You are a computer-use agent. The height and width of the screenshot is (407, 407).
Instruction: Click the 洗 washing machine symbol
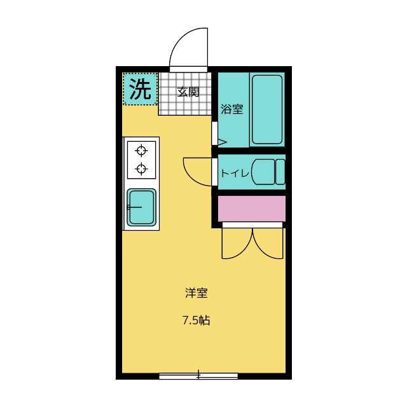[x=140, y=89]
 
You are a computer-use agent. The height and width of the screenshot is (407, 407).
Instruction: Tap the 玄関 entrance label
[x=188, y=92]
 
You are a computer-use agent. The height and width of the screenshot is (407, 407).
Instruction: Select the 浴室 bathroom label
[x=231, y=109]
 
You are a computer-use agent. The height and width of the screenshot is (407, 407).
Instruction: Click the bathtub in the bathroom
[x=267, y=109]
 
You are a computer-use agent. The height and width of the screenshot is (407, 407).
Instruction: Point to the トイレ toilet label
[x=233, y=172]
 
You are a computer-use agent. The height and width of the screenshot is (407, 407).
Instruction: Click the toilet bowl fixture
[x=263, y=172]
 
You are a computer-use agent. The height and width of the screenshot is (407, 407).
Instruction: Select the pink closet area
[x=252, y=209]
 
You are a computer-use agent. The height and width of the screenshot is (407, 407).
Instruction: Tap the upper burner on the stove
[x=141, y=151]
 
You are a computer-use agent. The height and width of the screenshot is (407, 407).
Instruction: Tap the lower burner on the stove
[x=141, y=169]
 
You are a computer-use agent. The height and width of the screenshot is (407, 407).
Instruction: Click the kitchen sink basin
[x=141, y=207]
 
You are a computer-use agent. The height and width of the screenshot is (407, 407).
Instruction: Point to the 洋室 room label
[x=197, y=293]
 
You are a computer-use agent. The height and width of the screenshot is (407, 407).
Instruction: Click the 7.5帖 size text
[x=196, y=321]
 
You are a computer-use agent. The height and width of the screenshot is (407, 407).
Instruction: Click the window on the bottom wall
[x=198, y=376]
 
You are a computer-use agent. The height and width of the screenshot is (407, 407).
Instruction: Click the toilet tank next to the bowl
[x=280, y=172]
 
